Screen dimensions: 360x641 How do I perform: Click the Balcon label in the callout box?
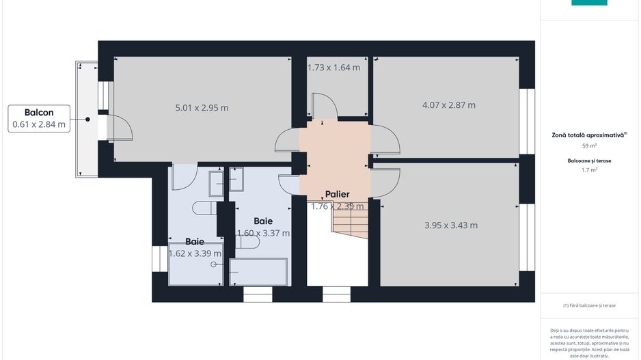(38, 112)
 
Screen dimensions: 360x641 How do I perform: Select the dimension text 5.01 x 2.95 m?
(202, 107)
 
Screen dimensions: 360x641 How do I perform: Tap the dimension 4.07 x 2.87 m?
(448, 105)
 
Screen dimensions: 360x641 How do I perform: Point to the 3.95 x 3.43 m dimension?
(450, 225)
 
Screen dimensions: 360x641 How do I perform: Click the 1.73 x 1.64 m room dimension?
(333, 68)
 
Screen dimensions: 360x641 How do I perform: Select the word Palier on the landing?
(337, 195)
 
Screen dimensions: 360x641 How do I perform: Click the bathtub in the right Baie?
(259, 272)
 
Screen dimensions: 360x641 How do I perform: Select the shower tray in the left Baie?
(195, 264)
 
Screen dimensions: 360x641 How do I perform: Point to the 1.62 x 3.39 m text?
(194, 253)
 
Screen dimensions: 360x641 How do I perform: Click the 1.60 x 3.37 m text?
(263, 233)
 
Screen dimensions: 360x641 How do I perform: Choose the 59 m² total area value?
(589, 146)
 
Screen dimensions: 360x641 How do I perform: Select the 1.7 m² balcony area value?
(589, 170)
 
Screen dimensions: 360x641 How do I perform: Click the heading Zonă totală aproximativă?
(588, 135)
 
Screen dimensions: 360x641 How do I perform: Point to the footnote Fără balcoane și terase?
(589, 305)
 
